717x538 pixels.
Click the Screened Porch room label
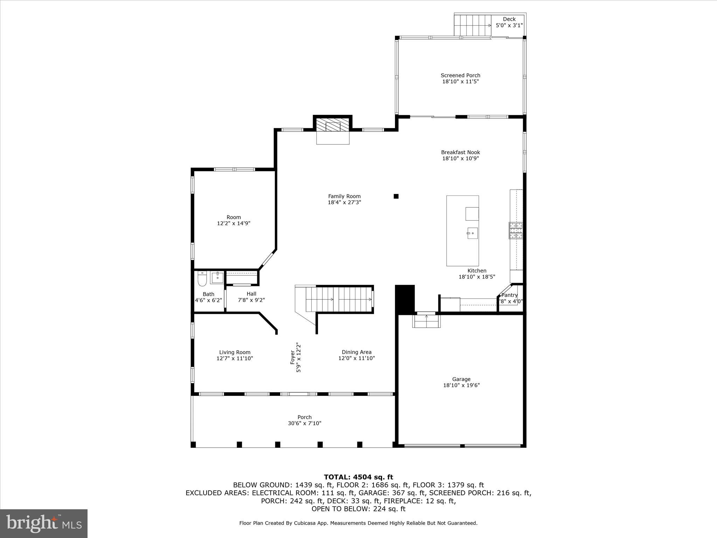click(x=460, y=75)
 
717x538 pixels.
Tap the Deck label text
click(x=509, y=19)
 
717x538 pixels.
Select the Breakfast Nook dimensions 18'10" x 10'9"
click(x=460, y=158)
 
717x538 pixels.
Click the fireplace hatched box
click(x=333, y=124)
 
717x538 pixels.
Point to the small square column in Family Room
click(x=396, y=196)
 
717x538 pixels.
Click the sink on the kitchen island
click(x=472, y=233)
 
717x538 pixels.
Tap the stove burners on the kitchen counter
click(x=516, y=230)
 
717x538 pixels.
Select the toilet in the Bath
click(x=202, y=278)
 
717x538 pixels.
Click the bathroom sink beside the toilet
click(x=217, y=277)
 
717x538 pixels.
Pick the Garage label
click(x=461, y=379)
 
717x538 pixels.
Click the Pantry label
click(x=509, y=295)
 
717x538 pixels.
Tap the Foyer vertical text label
click(x=292, y=357)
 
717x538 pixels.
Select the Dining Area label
click(x=356, y=352)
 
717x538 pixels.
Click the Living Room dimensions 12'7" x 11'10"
click(x=235, y=358)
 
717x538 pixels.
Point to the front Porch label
click(x=304, y=417)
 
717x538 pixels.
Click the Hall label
click(x=251, y=294)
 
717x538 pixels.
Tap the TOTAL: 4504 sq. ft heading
click(x=358, y=477)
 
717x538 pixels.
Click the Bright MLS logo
click(x=44, y=523)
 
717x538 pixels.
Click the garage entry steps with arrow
click(x=426, y=320)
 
